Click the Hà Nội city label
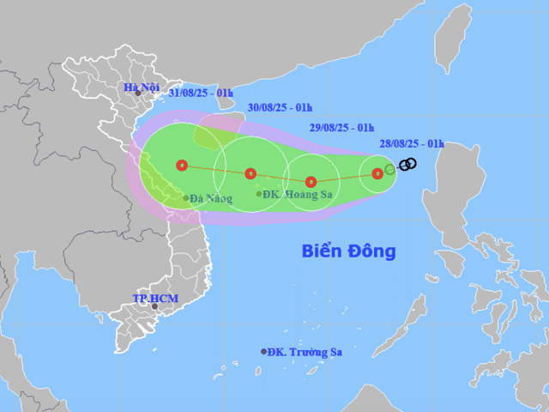tap(142, 87)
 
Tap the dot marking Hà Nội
tap(137, 94)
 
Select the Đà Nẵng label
tap(212, 199)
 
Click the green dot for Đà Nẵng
tap(186, 198)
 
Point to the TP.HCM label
tap(154, 298)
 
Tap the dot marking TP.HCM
tap(155, 306)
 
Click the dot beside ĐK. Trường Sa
tap(264, 351)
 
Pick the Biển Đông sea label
tap(349, 251)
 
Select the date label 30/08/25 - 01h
tap(280, 108)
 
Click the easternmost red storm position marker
tap(377, 173)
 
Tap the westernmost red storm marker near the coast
tap(181, 165)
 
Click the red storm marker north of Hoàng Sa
tap(250, 173)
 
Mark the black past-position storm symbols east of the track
tap(408, 164)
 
